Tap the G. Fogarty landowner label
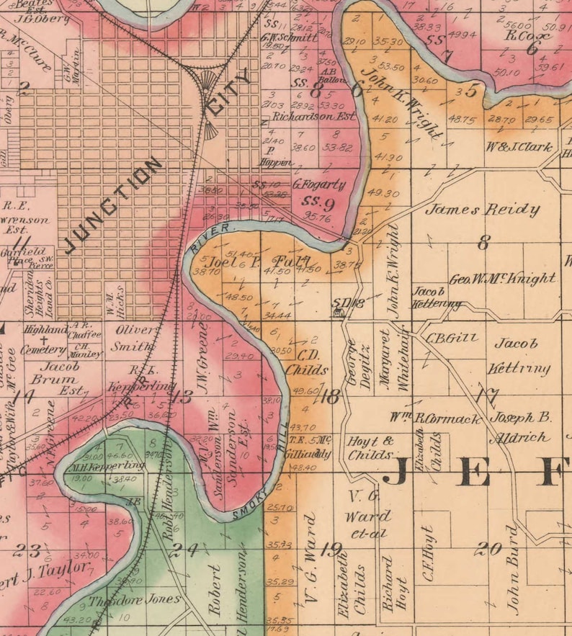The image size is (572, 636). pyautogui.click(x=319, y=184)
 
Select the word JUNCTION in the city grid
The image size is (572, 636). pyautogui.click(x=114, y=206)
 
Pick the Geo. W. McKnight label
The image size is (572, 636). pyautogui.click(x=502, y=278)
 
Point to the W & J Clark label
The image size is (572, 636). pyautogui.click(x=519, y=148)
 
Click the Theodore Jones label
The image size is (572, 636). pyautogui.click(x=135, y=600)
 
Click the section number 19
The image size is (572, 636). pyautogui.click(x=331, y=550)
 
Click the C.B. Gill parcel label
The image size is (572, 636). pyautogui.click(x=442, y=337)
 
